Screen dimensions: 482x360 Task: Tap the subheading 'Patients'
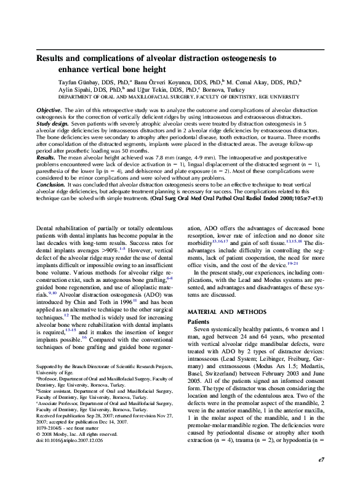pyautogui.click(x=198, y=321)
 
